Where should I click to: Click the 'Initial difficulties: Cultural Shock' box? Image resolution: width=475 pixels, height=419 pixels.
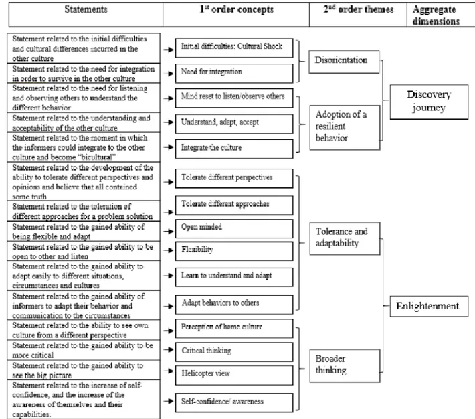(234, 48)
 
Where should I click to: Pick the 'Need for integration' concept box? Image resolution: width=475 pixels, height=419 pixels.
(234, 73)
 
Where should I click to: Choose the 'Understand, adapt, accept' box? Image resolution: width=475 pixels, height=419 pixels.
(234, 124)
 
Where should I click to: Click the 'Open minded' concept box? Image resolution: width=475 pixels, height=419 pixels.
(234, 228)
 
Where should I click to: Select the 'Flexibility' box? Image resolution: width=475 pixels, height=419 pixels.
(234, 251)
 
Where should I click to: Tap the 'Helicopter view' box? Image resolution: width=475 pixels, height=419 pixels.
(234, 375)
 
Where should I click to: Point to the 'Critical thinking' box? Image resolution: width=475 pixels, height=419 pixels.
(234, 351)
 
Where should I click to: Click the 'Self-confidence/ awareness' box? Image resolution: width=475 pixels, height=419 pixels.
(234, 403)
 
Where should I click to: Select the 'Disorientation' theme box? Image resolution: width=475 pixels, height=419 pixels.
(344, 62)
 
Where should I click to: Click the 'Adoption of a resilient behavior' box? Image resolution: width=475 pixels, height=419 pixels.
(345, 127)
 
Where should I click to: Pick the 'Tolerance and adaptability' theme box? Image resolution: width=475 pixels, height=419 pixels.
(345, 238)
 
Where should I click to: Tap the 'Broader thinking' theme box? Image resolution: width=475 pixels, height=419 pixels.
(345, 365)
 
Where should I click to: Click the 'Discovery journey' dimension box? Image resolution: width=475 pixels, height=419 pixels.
(429, 102)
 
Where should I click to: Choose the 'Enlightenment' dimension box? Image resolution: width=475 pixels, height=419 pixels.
(429, 306)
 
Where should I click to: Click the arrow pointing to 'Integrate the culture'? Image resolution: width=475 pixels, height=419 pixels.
(169, 147)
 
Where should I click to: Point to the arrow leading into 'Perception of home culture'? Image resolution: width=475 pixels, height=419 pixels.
(169, 331)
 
